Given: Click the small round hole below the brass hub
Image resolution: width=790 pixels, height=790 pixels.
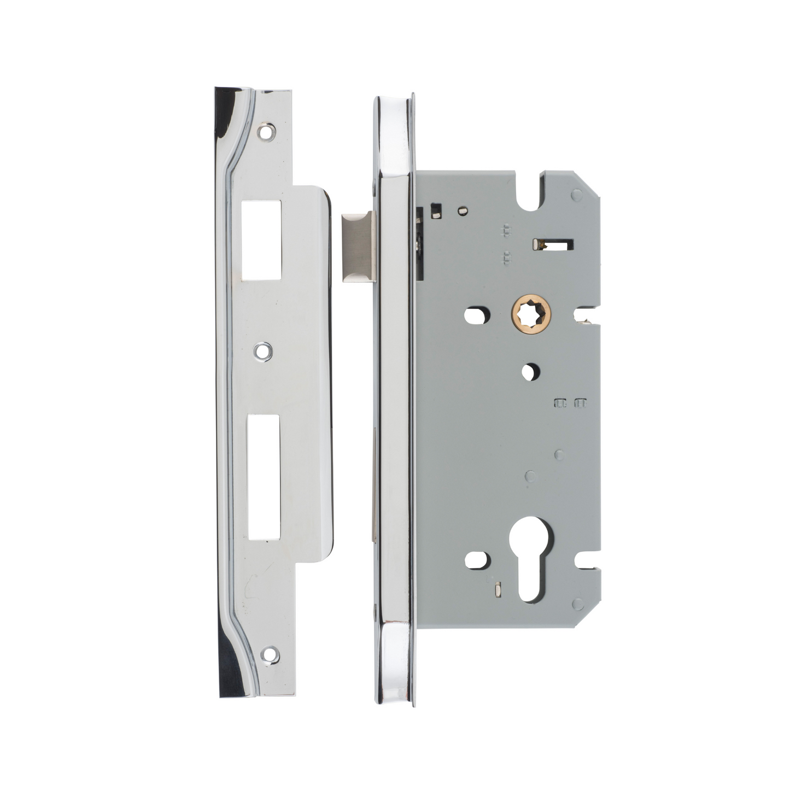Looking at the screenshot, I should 528,372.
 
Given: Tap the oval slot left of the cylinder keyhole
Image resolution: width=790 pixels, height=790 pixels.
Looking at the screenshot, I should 475,560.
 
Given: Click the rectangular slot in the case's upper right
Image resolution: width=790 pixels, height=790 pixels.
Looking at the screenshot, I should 553,243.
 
